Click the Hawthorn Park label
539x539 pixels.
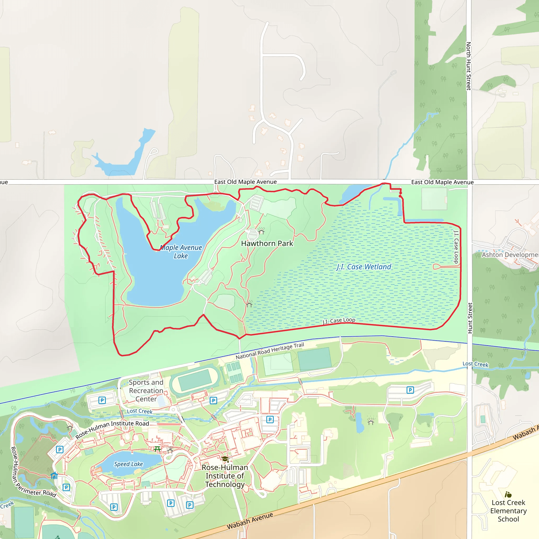point(267,243)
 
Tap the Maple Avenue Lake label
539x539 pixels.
point(181,252)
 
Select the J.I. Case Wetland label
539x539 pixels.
point(364,267)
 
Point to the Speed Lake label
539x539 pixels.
point(128,464)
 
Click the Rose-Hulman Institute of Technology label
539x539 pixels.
point(225,476)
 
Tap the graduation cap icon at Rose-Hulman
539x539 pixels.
point(225,459)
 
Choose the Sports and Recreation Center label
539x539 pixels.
point(146,391)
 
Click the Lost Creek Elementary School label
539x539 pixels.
point(508,511)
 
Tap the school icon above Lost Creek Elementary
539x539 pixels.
point(508,495)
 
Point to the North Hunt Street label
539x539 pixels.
point(469,66)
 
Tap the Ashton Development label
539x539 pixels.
point(510,255)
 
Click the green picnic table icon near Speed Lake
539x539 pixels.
point(157,449)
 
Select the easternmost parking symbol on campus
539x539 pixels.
point(410,390)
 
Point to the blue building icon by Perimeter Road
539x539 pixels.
point(54,475)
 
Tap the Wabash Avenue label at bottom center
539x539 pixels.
point(250,521)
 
